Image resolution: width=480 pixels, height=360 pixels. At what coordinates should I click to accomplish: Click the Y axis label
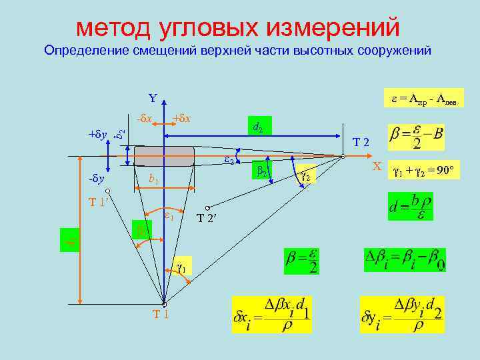point(153,99)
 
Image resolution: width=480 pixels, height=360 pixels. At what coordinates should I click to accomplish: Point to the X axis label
point(377,165)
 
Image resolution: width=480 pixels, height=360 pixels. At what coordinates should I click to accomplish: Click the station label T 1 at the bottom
point(160,314)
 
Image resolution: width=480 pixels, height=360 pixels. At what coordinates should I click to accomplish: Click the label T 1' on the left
point(99,201)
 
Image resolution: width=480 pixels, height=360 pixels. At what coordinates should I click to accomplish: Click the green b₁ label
point(153,179)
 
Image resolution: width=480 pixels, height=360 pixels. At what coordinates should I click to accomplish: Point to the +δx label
point(181,118)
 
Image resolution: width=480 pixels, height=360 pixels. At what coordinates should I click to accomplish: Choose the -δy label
point(97,179)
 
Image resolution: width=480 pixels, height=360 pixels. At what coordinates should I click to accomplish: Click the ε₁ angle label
point(169,217)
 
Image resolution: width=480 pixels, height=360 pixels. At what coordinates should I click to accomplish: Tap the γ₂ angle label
point(307,176)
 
